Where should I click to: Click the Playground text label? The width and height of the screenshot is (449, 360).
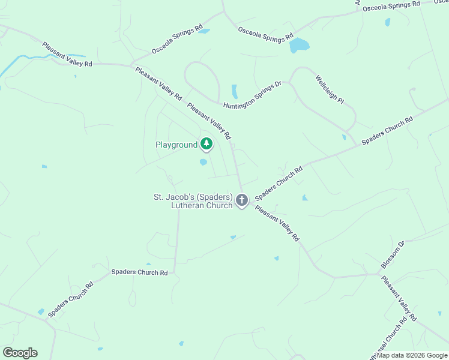[x=176, y=145]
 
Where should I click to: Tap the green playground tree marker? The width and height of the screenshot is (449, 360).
[x=206, y=143]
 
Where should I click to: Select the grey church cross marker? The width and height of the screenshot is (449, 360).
[x=242, y=200]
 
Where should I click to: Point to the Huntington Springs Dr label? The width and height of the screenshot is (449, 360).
[x=252, y=95]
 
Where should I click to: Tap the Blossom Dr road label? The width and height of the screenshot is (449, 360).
[x=393, y=255]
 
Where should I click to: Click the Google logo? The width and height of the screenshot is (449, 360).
[x=20, y=353]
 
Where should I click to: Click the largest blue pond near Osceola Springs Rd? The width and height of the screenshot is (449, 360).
[x=298, y=46]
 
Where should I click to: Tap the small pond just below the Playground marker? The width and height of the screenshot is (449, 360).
[x=203, y=161]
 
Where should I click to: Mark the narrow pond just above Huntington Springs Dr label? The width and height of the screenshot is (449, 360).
[x=235, y=91]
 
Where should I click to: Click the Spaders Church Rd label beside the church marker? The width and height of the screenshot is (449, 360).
[x=279, y=183]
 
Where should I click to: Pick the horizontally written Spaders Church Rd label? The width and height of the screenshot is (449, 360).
[x=139, y=272]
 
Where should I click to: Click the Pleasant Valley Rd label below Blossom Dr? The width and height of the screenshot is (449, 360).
[x=399, y=298]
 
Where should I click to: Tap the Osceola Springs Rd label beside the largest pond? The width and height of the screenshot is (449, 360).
[x=265, y=34]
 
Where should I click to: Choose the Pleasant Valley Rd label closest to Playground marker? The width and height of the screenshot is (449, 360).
[x=209, y=121]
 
